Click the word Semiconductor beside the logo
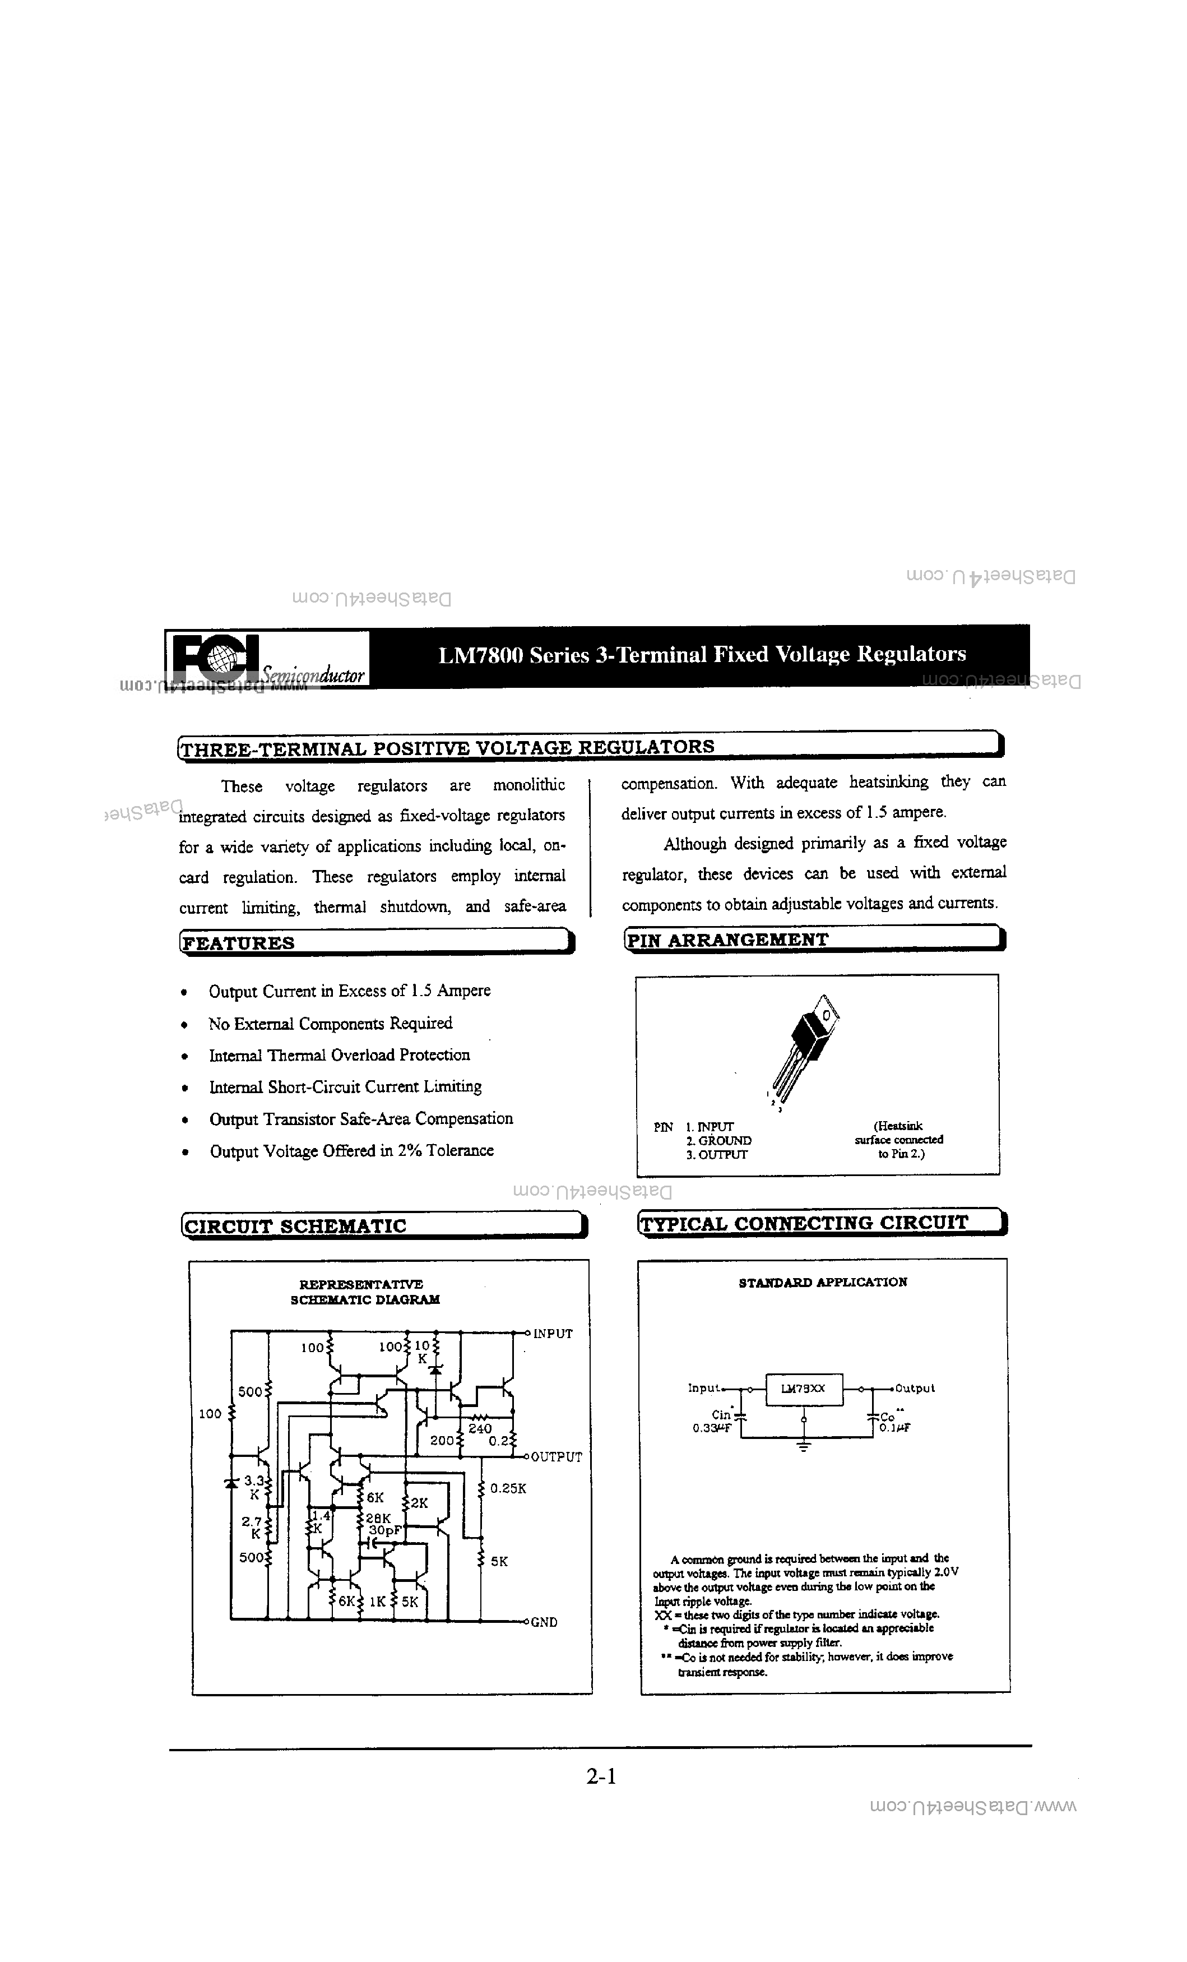coord(313,674)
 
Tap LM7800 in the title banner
coord(481,655)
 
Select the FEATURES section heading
coord(239,943)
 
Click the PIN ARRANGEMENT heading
coord(727,940)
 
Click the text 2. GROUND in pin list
coord(718,1140)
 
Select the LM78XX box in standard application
coord(803,1389)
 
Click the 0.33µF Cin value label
coord(711,1428)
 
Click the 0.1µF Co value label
coord(894,1428)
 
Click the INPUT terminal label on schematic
coord(553,1334)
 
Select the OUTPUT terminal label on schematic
coord(556,1457)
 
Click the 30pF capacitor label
coord(384,1530)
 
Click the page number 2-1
coord(601,1776)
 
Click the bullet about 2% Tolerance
coord(351,1151)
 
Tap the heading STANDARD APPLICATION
coord(822,1283)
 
